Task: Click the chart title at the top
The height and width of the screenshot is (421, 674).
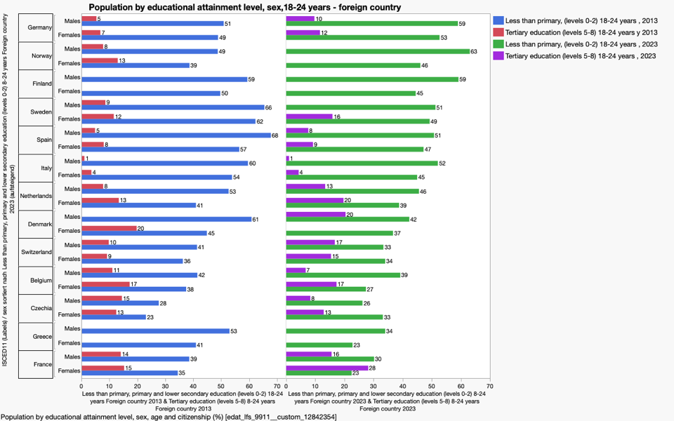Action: coord(244,7)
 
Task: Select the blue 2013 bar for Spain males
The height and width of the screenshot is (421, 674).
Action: coord(176,135)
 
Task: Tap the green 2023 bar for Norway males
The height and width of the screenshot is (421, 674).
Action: coord(378,51)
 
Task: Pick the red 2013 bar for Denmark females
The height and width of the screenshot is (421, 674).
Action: coord(109,228)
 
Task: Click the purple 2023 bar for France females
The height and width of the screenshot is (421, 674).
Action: coord(327,368)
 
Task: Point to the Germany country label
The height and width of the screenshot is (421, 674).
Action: coord(38,27)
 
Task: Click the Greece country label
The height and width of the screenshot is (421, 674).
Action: coord(42,336)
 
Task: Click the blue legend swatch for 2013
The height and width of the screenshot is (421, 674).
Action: coord(498,20)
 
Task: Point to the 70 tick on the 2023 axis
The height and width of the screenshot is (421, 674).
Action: coord(489,386)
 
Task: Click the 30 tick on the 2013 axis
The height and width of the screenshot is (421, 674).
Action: coord(166,386)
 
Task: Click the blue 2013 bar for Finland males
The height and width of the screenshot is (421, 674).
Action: coord(164,79)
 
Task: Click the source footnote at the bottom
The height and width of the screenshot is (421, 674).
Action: coord(168,417)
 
